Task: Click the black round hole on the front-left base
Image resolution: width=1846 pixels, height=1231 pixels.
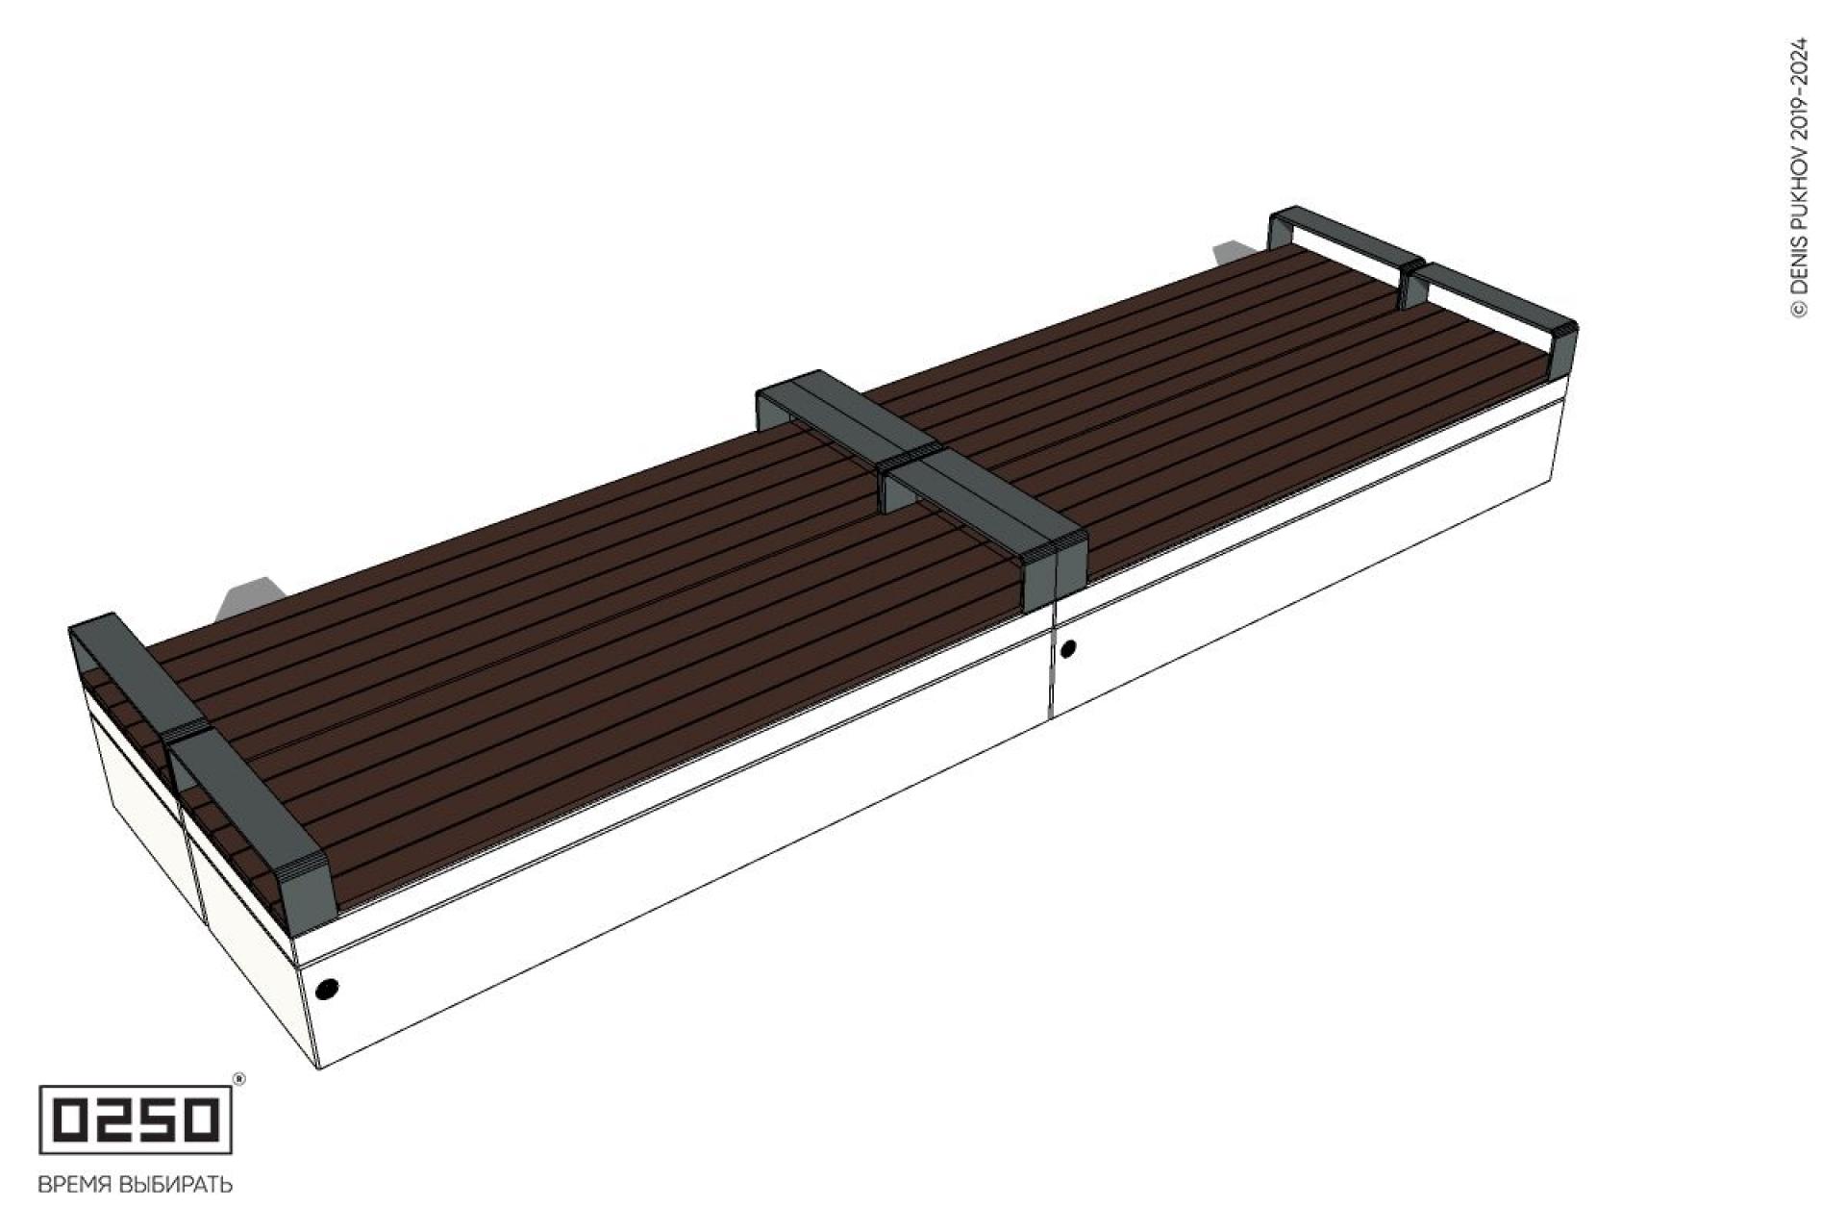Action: [327, 988]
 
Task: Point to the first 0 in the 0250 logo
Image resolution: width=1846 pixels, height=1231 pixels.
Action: [67, 1119]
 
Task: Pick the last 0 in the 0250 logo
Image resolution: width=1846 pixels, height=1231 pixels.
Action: [202, 1119]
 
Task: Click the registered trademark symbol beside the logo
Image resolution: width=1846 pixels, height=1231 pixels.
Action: [239, 1080]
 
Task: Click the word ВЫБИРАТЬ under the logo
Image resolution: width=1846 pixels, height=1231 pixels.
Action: [175, 1184]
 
